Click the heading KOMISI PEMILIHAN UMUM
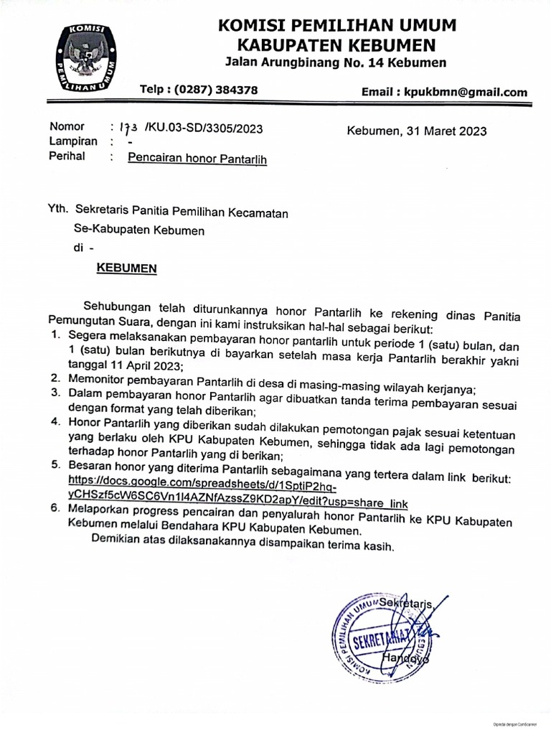tap(337, 27)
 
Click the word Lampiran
tap(73, 141)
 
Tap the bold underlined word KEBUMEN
tap(127, 268)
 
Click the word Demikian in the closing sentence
tap(118, 540)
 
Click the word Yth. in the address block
tap(57, 210)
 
